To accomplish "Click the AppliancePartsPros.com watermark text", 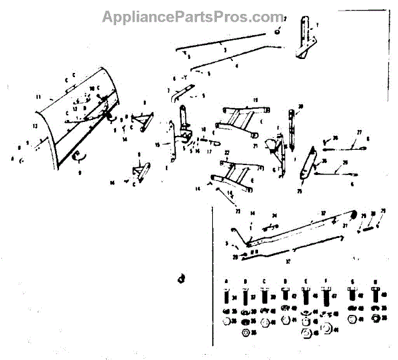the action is (x=192, y=16).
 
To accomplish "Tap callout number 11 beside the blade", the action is (x=39, y=97).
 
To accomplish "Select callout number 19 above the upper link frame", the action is (x=254, y=100).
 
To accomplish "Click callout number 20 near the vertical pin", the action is (x=300, y=106).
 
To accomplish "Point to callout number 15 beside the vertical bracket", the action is (x=157, y=145).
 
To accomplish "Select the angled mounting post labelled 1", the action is (x=305, y=40).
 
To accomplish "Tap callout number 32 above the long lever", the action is (x=323, y=212).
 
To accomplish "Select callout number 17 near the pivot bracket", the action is (x=208, y=150).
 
